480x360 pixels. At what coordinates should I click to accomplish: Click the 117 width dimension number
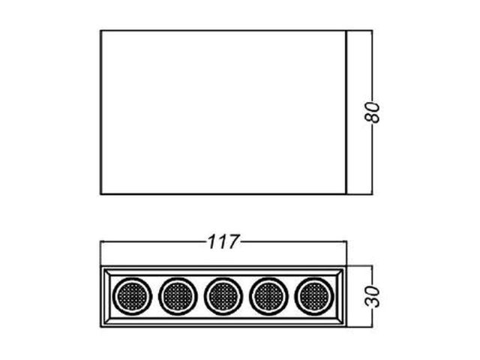(223, 241)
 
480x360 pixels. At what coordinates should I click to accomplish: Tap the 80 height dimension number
(372, 112)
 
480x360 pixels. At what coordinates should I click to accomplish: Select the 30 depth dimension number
(372, 296)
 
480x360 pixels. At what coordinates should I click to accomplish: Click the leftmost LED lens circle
(132, 296)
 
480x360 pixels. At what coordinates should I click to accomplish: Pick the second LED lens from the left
(178, 296)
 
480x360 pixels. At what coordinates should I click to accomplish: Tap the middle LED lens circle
(223, 296)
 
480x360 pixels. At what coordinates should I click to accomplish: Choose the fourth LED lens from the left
(268, 296)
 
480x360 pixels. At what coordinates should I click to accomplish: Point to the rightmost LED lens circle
(314, 296)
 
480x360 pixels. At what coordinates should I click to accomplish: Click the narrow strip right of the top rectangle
(359, 112)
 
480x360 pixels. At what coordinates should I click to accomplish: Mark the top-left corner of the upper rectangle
(100, 30)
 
